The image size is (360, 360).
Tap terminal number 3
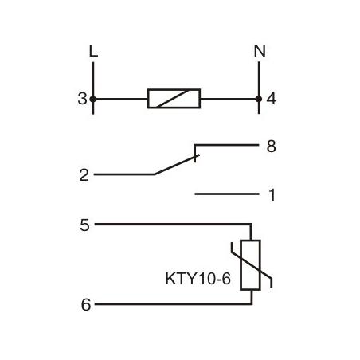pyautogui.click(x=82, y=100)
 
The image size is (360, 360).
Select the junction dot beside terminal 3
pyautogui.click(x=93, y=100)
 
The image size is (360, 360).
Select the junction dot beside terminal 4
pyautogui.click(x=258, y=100)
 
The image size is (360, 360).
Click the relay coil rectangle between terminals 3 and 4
pyautogui.click(x=174, y=100)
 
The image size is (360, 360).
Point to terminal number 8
pyautogui.click(x=271, y=147)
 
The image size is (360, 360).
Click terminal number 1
pyautogui.click(x=271, y=194)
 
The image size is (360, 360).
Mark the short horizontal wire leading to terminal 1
pyautogui.click(x=227, y=194)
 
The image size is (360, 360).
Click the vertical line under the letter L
pyautogui.click(x=93, y=80)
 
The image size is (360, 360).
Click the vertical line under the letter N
pyautogui.click(x=258, y=80)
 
